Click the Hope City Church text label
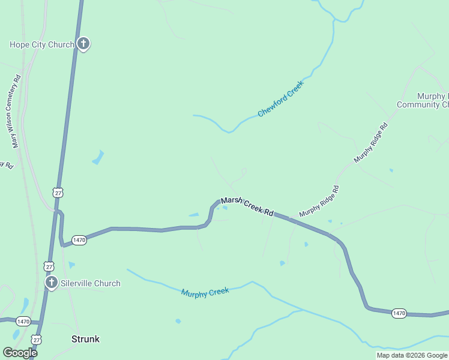pyautogui.click(x=41, y=44)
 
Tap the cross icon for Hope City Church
pyautogui.click(x=83, y=44)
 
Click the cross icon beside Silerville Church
pyautogui.click(x=52, y=283)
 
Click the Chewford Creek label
pyautogui.click(x=280, y=98)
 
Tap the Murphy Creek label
pyautogui.click(x=205, y=292)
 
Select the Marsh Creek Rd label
pyautogui.click(x=247, y=207)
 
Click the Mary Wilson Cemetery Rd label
pyautogui.click(x=16, y=111)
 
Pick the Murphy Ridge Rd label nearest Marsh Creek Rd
pyautogui.click(x=319, y=201)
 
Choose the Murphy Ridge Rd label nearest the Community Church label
pyautogui.click(x=371, y=143)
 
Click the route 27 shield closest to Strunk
pyautogui.click(x=37, y=340)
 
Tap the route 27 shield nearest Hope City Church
pyautogui.click(x=57, y=193)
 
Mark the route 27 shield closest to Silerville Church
pyautogui.click(x=49, y=265)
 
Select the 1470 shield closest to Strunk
pyautogui.click(x=23, y=322)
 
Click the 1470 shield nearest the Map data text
pyautogui.click(x=399, y=313)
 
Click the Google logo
pyautogui.click(x=20, y=353)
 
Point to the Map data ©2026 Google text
pyautogui.click(x=411, y=355)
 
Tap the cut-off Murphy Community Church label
pyautogui.click(x=423, y=100)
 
